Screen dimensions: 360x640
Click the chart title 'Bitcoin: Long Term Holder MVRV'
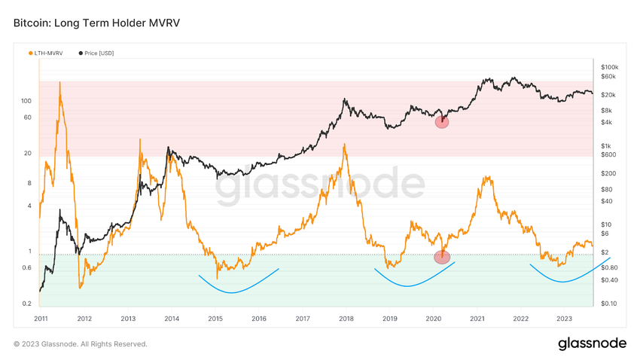96,23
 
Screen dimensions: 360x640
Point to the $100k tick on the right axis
608,67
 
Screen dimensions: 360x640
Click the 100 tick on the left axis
26,100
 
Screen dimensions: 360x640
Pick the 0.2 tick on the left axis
26,304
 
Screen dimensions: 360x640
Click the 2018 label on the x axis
346,319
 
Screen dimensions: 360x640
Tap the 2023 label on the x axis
564,319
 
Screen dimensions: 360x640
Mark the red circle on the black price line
442,121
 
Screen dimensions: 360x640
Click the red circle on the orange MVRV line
443,257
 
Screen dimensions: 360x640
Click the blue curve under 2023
561,280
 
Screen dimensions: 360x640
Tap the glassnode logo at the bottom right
592,343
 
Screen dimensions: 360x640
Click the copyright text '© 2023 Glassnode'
81,344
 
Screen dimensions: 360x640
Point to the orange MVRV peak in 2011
60,82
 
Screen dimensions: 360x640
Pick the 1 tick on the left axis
29,251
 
